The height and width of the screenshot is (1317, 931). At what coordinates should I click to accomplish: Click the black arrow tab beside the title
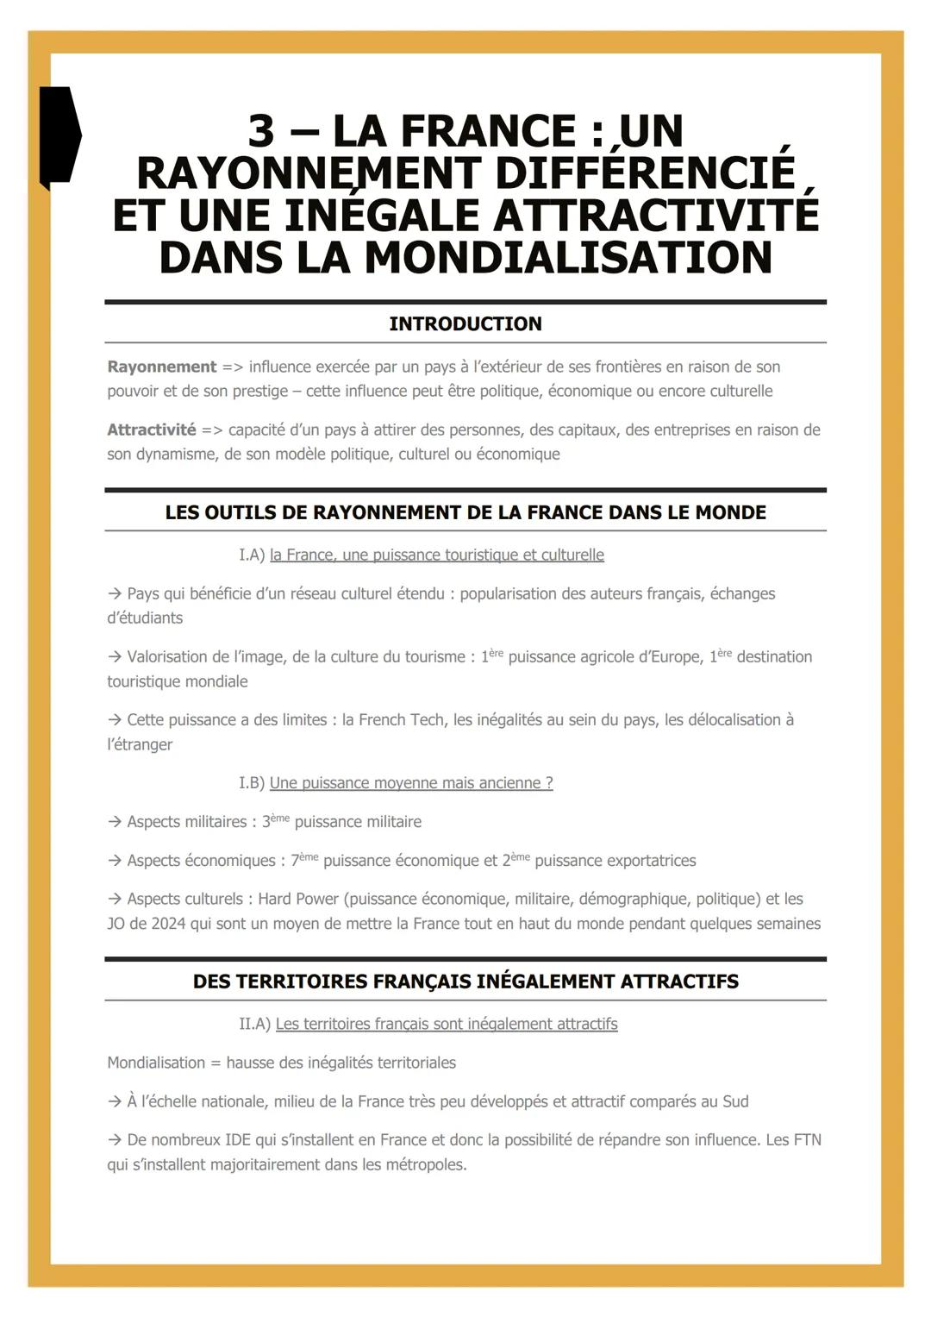[59, 136]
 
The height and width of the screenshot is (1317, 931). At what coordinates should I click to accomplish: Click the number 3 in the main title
[261, 132]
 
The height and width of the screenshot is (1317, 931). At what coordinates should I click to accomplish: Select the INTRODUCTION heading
[465, 324]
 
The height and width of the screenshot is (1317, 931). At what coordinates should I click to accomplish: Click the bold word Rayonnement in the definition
[162, 367]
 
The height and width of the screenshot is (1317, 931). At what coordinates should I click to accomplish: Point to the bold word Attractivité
[152, 430]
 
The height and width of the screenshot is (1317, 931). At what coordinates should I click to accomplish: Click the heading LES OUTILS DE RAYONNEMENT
[465, 512]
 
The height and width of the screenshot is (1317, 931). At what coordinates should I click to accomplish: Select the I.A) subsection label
[252, 555]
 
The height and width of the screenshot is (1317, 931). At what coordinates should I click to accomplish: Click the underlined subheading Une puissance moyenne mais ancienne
[411, 783]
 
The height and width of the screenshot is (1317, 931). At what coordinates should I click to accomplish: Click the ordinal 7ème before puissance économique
[304, 860]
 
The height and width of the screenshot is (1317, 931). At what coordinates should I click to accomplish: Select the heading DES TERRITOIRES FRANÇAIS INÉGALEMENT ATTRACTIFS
[465, 981]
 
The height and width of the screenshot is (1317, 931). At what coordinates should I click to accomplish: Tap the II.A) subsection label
[254, 1024]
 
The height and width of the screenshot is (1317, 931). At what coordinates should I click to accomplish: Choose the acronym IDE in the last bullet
[237, 1139]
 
